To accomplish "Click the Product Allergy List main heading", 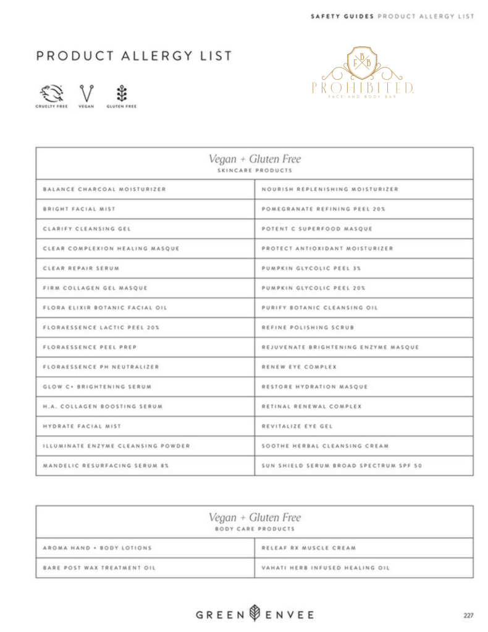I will click(x=134, y=56).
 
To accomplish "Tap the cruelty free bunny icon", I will click(x=51, y=93).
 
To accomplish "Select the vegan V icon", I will click(x=86, y=93).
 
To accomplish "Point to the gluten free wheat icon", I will click(x=121, y=93).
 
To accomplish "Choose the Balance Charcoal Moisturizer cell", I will click(x=104, y=189).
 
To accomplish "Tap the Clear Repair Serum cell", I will click(x=81, y=268).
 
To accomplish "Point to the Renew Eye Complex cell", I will click(x=300, y=367).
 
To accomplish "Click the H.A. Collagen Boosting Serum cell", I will click(x=103, y=407).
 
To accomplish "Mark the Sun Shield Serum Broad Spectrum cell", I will click(x=342, y=466).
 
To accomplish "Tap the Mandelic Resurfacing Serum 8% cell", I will click(x=106, y=466).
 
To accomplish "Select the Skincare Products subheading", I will click(x=255, y=170).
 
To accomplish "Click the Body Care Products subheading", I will click(x=255, y=529).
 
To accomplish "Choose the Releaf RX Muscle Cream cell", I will click(x=308, y=548).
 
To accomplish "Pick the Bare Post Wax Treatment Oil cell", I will click(x=99, y=568).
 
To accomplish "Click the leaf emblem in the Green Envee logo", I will click(x=255, y=614).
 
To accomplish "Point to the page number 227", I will click(x=468, y=615).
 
